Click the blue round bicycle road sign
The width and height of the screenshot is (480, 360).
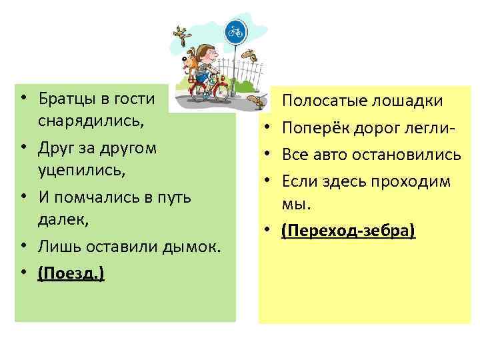tap(233, 31)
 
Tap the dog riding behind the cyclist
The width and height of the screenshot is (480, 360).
tap(191, 60)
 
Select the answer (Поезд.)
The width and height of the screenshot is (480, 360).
tap(71, 274)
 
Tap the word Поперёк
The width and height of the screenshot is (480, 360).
tap(311, 128)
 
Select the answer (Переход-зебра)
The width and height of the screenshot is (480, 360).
tap(348, 231)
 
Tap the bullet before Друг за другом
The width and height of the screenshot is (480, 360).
tap(23, 147)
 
